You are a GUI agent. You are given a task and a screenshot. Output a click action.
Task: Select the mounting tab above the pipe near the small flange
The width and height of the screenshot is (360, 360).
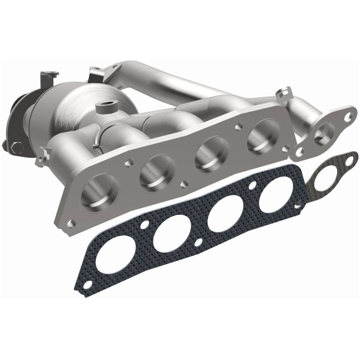[x=283, y=94]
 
